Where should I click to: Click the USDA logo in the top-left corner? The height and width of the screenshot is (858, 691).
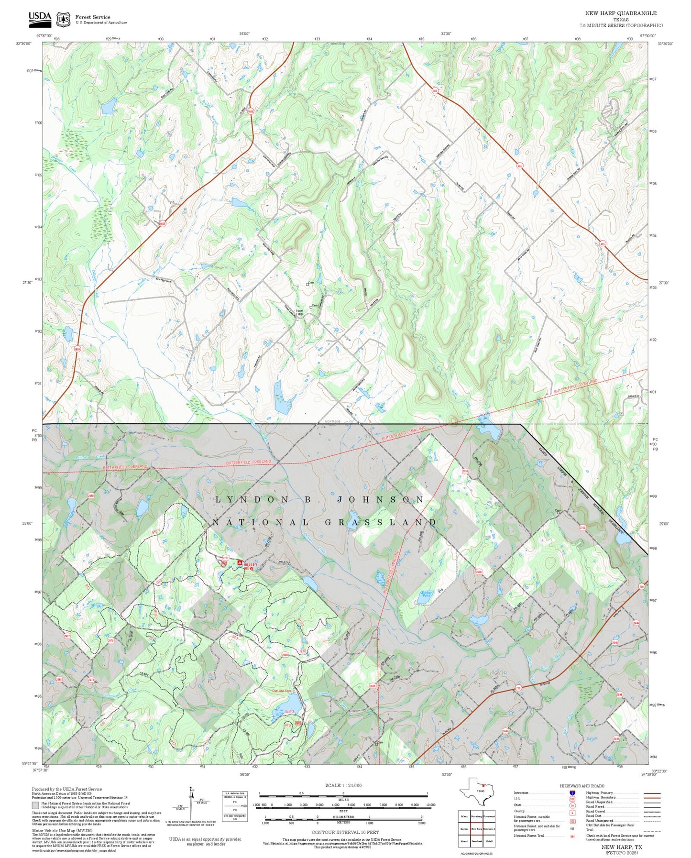point(40,18)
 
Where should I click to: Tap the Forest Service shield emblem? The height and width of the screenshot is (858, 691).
point(63,19)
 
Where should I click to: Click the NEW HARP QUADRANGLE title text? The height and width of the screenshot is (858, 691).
point(621,13)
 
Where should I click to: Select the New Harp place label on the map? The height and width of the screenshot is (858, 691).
point(299,312)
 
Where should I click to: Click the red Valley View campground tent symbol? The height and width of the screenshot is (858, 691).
point(240,563)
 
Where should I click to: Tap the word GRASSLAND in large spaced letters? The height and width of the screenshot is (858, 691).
point(381,522)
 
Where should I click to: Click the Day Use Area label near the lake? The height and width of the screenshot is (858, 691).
point(282,691)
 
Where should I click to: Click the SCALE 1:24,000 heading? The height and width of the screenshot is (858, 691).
point(343,785)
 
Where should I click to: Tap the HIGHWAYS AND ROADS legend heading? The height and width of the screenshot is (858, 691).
point(582,786)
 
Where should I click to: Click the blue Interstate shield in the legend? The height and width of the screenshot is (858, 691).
point(572,793)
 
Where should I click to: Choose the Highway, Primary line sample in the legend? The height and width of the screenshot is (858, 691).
point(652,793)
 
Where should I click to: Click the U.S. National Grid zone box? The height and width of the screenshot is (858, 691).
point(235,806)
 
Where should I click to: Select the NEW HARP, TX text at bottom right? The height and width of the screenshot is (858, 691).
point(622,847)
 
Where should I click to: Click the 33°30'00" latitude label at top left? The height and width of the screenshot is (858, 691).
point(23,44)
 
